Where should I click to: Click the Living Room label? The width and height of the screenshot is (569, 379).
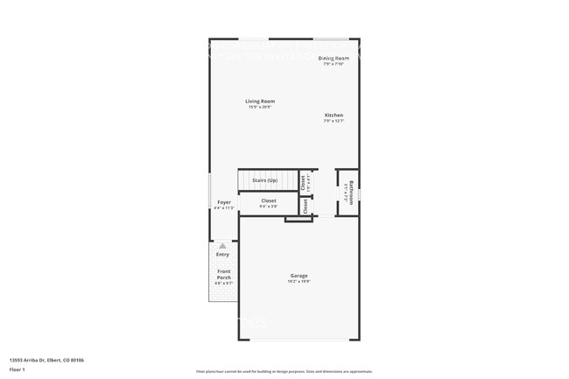click(260, 102)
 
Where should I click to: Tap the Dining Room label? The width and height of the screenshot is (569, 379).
click(334, 58)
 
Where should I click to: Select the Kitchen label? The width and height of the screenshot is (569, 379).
click(334, 116)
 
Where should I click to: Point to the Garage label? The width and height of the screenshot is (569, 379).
click(299, 276)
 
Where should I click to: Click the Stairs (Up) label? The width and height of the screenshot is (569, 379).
click(264, 180)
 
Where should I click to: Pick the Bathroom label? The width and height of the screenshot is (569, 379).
click(351, 190)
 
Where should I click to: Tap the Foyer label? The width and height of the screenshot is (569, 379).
click(224, 202)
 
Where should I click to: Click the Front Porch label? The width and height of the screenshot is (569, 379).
click(224, 274)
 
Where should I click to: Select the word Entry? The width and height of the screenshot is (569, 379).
click(222, 255)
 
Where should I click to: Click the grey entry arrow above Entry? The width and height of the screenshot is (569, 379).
click(222, 246)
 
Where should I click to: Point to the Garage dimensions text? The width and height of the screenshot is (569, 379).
click(299, 282)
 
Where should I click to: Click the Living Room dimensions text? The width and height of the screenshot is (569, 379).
click(260, 107)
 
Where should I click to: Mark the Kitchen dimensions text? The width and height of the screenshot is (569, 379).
click(334, 121)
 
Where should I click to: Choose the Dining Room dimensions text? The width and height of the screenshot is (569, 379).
click(334, 64)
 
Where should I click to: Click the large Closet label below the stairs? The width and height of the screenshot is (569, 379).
click(269, 201)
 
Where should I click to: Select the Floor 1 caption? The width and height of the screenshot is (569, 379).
click(17, 369)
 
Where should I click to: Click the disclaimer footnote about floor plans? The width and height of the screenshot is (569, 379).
click(284, 371)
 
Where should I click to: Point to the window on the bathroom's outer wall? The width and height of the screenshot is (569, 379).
click(360, 191)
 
